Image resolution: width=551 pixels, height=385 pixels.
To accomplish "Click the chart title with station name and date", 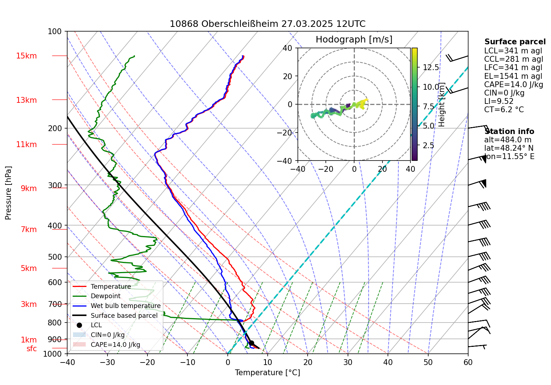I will pyautogui.click(x=267, y=24).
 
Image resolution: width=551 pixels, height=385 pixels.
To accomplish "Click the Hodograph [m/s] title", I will pyautogui.click(x=354, y=40).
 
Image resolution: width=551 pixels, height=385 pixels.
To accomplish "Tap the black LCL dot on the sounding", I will pyautogui.click(x=251, y=343).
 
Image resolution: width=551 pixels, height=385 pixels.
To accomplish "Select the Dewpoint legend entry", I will pyautogui.click(x=105, y=296).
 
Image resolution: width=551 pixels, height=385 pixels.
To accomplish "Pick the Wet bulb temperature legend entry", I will pyautogui.click(x=125, y=306).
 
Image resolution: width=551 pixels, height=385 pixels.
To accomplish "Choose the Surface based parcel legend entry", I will pyautogui.click(x=124, y=316).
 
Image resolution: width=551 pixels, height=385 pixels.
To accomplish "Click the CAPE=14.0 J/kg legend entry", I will pyautogui.click(x=115, y=345).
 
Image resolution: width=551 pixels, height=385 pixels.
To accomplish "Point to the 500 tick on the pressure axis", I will pyautogui.click(x=55, y=257).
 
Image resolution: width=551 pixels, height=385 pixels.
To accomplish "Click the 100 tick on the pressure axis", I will pyautogui.click(x=55, y=32).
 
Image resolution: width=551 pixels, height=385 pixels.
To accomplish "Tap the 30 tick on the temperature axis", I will pyautogui.click(x=348, y=362).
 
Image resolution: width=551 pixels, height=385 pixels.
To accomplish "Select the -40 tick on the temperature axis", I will pyautogui.click(x=67, y=362).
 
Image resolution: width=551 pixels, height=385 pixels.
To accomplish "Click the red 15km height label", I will pyautogui.click(x=26, y=56).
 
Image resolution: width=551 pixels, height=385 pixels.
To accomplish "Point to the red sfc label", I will pyautogui.click(x=32, y=349).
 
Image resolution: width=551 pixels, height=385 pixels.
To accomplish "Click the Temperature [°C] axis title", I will pyautogui.click(x=267, y=373).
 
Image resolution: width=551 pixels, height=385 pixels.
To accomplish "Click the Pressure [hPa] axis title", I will pyautogui.click(x=8, y=193).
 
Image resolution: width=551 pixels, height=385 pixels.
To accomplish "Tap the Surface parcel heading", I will pyautogui.click(x=515, y=42).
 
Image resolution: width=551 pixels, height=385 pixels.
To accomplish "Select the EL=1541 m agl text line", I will pyautogui.click(x=513, y=76).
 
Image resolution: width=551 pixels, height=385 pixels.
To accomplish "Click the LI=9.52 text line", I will pyautogui.click(x=499, y=101).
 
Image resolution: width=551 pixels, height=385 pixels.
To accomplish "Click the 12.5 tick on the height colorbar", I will pyautogui.click(x=431, y=68).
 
